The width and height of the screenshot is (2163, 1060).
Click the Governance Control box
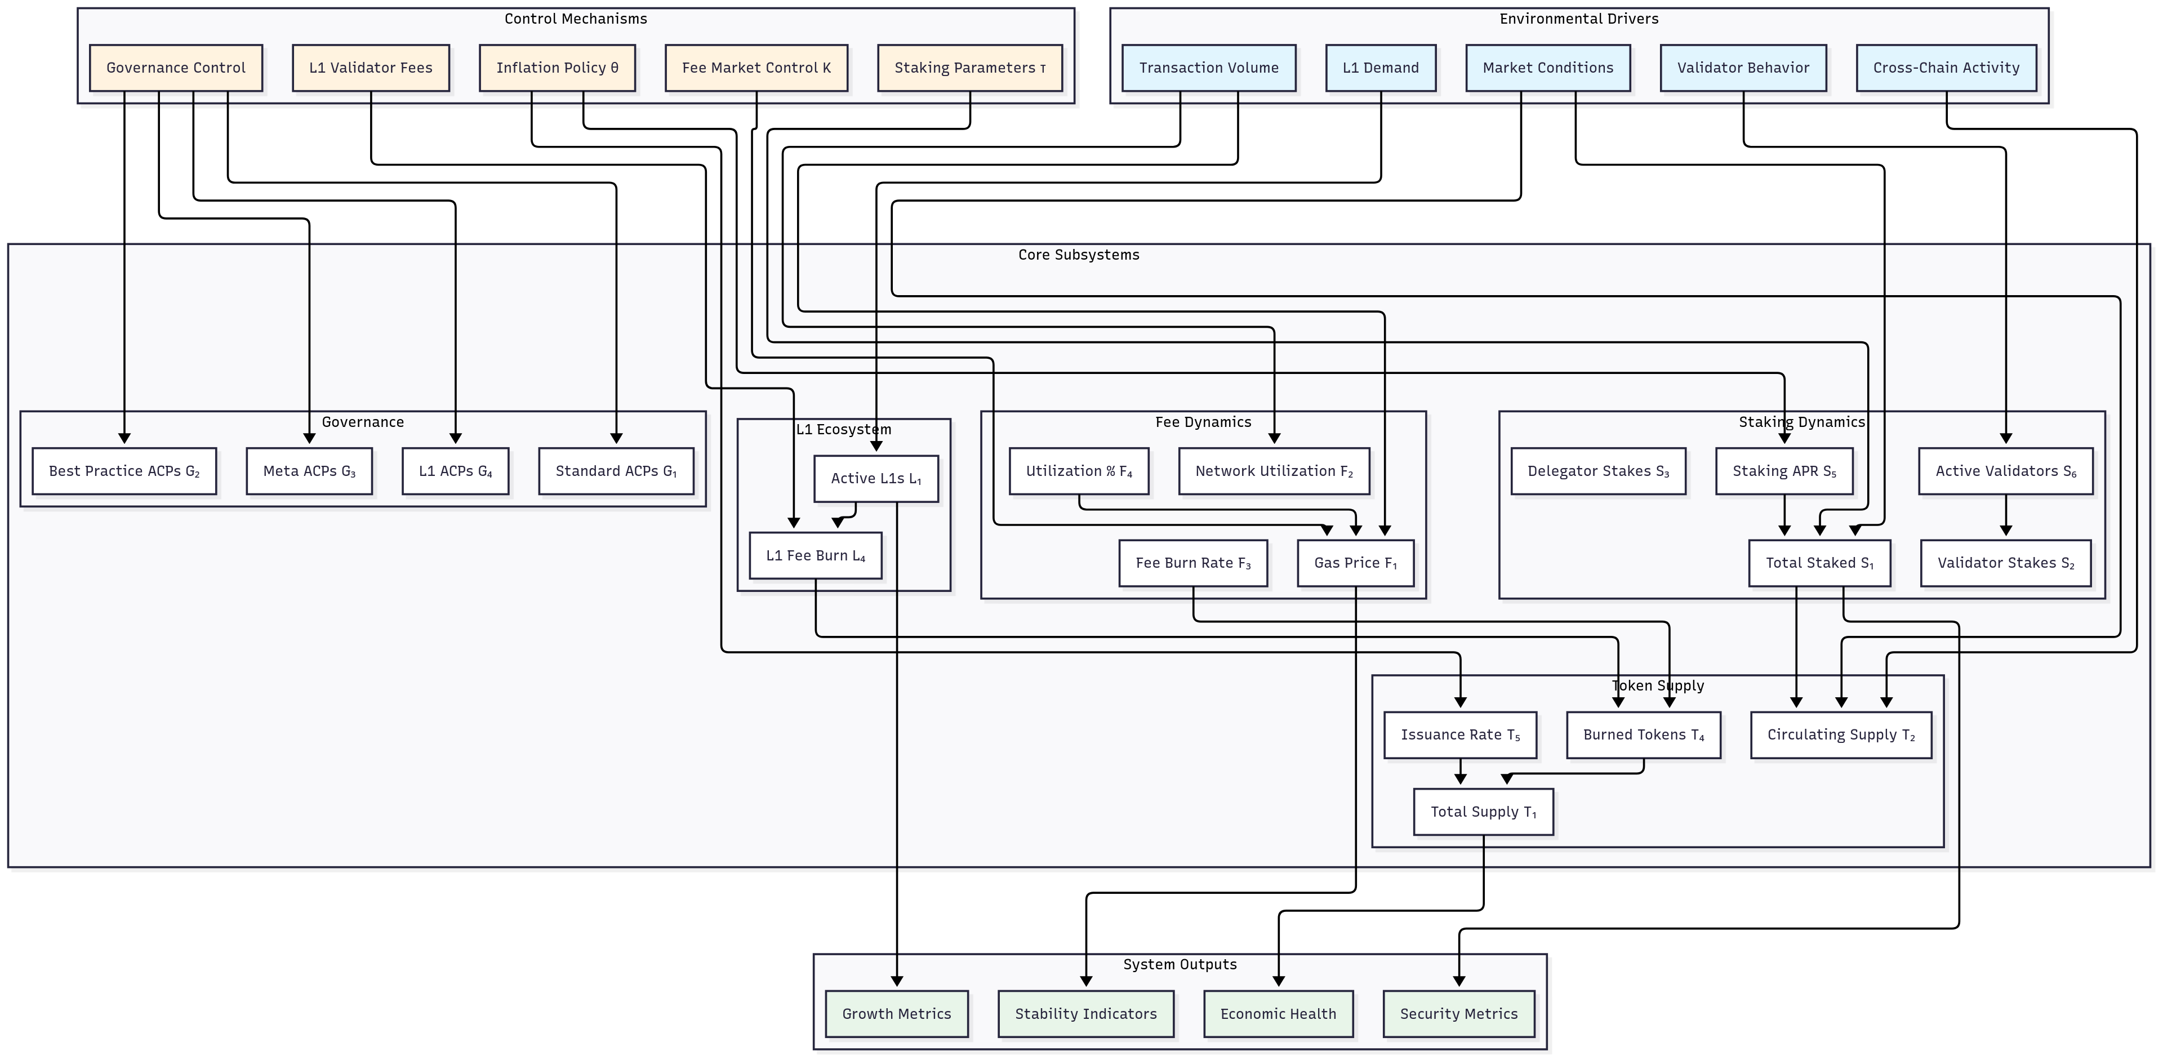(176, 68)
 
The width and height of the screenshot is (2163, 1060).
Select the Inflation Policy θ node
(557, 68)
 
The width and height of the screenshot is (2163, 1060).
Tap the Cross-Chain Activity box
(1946, 68)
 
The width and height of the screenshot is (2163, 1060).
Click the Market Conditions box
(1547, 68)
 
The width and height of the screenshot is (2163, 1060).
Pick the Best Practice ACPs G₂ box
(124, 471)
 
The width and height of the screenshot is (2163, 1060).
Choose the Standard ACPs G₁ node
(616, 471)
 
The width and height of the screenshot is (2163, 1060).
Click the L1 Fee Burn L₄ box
(815, 555)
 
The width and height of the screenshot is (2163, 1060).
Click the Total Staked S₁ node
(1819, 563)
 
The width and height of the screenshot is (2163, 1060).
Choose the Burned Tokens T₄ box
(1643, 735)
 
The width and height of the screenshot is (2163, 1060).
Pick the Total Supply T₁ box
(1483, 812)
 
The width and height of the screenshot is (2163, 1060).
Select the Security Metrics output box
(1458, 1014)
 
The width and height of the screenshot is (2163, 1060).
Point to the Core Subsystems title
(1078, 255)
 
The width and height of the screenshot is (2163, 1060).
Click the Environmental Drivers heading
(1578, 19)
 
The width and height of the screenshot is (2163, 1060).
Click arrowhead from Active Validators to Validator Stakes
(2005, 531)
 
